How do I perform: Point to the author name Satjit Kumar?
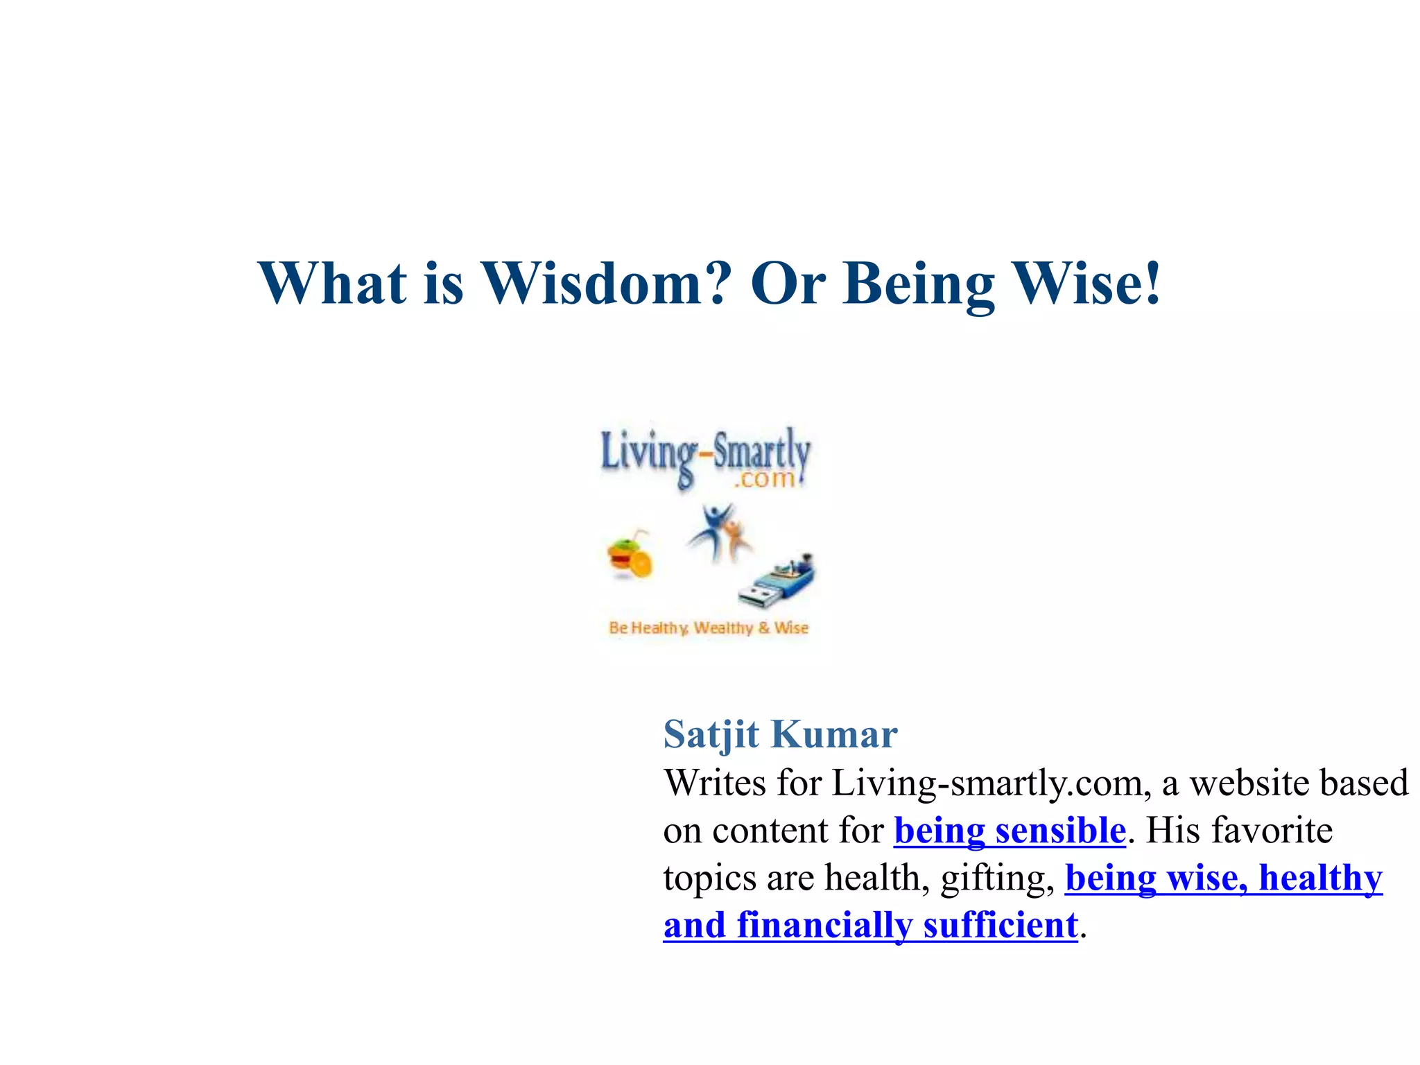coord(780,734)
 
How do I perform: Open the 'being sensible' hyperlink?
coord(1010,831)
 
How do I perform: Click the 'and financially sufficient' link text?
coord(870,925)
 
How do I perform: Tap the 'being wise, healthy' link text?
coord(1224,878)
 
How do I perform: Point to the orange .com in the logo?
coord(764,479)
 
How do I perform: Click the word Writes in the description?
coord(714,783)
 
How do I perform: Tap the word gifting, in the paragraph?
coord(997,878)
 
